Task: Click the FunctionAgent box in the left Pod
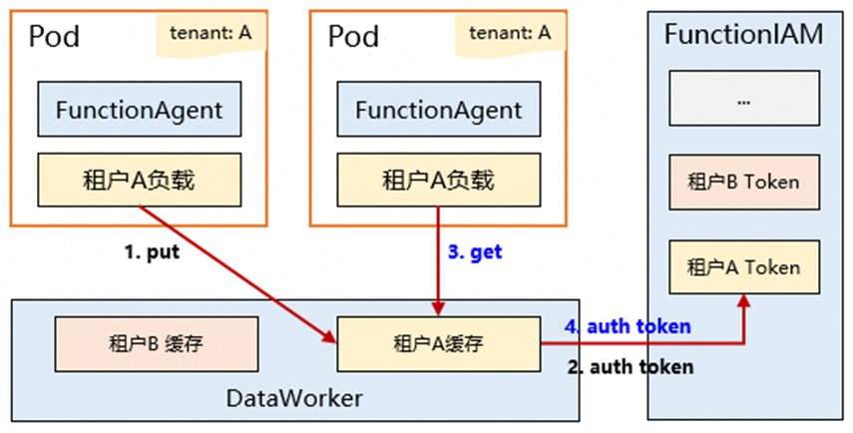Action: (139, 110)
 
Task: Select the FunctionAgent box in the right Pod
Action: (438, 110)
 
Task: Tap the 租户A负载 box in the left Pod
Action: (139, 181)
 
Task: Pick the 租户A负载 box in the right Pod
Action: (438, 181)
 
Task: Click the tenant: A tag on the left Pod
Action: (209, 34)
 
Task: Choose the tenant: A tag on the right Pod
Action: (509, 34)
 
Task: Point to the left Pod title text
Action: (54, 38)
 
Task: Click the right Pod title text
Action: (354, 38)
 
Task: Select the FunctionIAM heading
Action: (743, 34)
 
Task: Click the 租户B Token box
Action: (743, 183)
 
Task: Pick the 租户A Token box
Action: (743, 267)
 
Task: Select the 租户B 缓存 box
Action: (156, 344)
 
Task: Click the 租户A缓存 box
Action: (438, 344)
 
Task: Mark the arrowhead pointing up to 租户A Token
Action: (743, 299)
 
